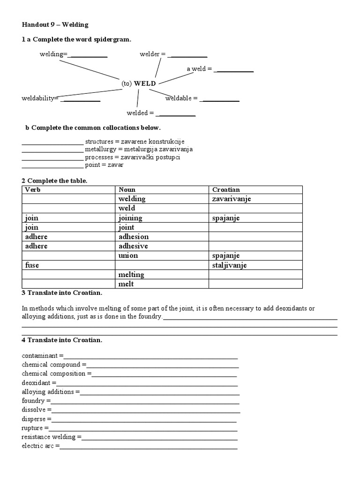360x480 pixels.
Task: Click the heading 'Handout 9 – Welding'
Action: (55, 24)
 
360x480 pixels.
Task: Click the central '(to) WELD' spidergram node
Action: (138, 83)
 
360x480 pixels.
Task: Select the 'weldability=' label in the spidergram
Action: (40, 98)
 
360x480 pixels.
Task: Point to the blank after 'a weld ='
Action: (234, 70)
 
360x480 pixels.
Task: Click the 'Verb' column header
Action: (32, 190)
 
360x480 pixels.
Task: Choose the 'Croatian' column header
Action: (226, 190)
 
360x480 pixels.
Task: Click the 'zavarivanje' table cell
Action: (232, 199)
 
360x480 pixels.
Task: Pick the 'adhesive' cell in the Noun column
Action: (133, 246)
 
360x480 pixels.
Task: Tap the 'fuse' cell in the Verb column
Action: (32, 265)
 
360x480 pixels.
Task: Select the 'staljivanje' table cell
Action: (229, 265)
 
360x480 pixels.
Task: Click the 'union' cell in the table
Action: (128, 256)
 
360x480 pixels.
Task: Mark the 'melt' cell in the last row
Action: (126, 284)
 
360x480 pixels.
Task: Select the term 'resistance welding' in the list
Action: (48, 437)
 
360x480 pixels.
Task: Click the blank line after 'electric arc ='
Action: (148, 446)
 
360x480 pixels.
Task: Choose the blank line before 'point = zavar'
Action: (52, 165)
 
